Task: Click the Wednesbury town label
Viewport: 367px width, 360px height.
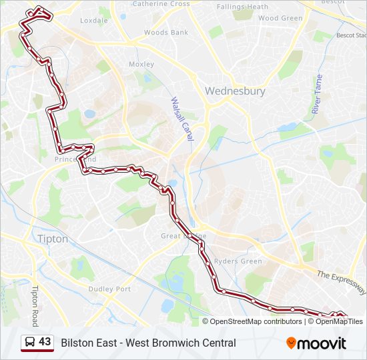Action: (235, 91)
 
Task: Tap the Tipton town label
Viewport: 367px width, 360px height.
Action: (53, 239)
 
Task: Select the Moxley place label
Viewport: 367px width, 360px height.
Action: (141, 65)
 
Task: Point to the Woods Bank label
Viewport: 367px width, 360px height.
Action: (165, 32)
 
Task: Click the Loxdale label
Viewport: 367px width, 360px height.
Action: (93, 21)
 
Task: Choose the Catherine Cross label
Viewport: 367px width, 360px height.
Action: (161, 4)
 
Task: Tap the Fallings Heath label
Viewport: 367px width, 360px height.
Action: (242, 7)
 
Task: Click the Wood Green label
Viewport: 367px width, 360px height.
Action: (280, 19)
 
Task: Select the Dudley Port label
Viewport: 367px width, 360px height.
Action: (109, 289)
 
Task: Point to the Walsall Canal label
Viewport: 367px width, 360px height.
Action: (181, 119)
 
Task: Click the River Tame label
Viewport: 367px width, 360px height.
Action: (317, 95)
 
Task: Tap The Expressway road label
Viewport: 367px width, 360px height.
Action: (341, 283)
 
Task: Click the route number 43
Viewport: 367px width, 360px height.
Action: (45, 342)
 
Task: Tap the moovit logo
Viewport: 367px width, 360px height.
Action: (316, 343)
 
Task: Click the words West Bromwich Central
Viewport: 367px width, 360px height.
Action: (194, 343)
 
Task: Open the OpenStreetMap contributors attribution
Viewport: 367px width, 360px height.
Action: (256, 321)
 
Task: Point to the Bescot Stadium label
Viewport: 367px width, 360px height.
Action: (351, 35)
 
